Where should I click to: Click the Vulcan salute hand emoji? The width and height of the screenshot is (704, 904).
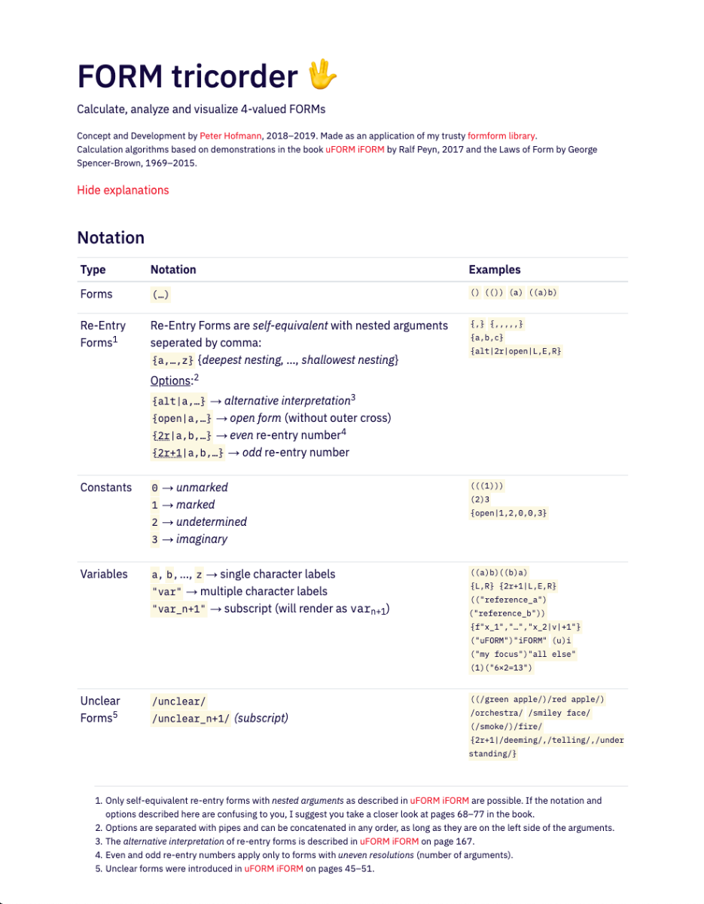coord(323,76)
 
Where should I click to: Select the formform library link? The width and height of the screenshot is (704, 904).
coord(501,136)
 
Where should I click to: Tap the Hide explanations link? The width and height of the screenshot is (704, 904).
coord(123,190)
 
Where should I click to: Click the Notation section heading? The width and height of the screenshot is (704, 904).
coord(111,238)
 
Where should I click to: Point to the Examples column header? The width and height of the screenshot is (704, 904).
coord(494,270)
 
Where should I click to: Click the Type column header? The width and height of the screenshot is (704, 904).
coord(93,270)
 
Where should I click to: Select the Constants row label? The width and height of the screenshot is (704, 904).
coord(105,487)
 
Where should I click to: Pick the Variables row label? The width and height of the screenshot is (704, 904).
coord(104,574)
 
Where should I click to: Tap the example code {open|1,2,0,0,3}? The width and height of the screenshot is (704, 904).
coord(507,513)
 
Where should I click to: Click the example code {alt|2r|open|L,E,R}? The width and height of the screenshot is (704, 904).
coord(515,351)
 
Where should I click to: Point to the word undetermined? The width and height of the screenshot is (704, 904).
coord(212,522)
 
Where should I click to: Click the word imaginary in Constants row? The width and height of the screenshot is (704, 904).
coord(202,539)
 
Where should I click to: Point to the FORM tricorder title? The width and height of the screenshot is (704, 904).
coord(187,77)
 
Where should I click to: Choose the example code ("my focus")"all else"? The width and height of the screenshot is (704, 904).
coord(523,654)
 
